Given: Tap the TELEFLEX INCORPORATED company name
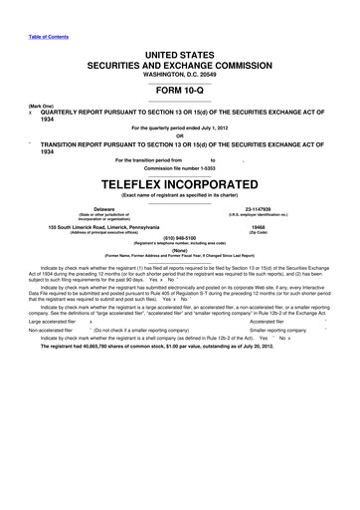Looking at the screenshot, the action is [179, 185].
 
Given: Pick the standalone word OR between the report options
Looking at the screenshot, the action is [179, 137].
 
